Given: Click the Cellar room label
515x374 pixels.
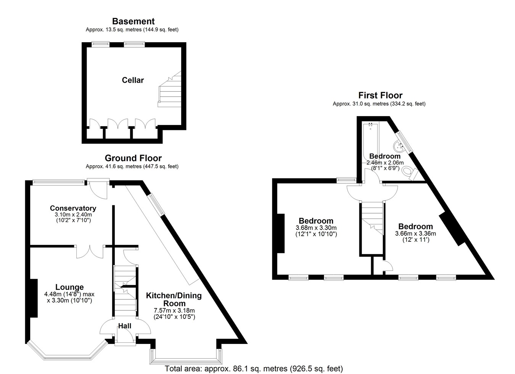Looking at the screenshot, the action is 133,80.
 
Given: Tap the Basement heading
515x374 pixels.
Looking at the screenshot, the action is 134,21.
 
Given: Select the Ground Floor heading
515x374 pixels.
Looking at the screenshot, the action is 133,158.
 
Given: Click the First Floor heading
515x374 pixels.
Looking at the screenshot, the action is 380,95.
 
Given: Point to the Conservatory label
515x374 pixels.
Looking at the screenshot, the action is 73,208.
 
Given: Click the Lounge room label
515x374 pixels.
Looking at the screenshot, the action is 69,287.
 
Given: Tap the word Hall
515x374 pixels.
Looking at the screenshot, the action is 125,326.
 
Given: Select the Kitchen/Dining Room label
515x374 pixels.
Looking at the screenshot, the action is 174,299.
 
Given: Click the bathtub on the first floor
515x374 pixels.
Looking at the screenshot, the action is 370,142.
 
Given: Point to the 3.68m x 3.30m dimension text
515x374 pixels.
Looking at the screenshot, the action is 316,228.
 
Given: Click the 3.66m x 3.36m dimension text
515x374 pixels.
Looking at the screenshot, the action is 415,233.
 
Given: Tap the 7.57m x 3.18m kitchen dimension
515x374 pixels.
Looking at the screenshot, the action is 174,310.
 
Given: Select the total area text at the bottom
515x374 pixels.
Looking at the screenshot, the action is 254,369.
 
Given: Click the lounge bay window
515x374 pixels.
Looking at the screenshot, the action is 68,352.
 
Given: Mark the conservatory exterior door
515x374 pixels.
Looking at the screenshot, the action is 98,189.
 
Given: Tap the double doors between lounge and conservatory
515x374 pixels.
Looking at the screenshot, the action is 90,252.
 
